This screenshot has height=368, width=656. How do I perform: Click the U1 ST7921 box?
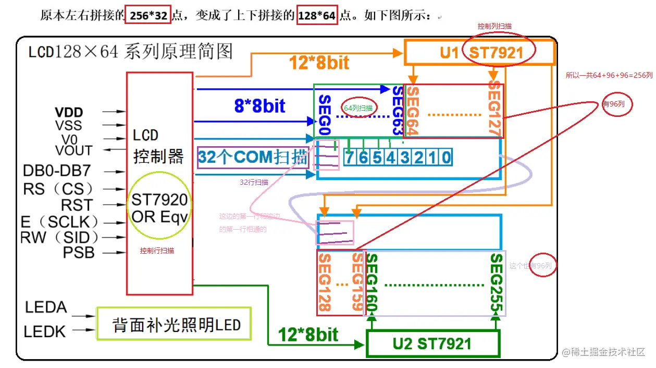pos(479,53)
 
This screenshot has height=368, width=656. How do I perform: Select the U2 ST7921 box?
pos(432,343)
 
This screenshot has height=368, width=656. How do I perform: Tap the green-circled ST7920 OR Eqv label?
pos(159,208)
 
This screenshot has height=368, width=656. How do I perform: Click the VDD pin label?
pos(69,112)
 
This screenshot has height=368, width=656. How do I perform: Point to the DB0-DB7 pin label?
pos(58,171)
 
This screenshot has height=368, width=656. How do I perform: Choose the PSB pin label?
pos(79,253)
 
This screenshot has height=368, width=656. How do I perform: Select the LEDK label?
pos(46,331)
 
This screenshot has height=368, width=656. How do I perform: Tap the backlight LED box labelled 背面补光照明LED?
pos(176,326)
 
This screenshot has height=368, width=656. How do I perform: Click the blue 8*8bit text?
pos(259,106)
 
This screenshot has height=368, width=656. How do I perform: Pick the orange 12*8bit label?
pos(319,63)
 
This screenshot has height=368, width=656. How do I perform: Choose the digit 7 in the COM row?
pos(349,158)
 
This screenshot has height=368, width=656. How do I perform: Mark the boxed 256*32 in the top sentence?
pos(148,16)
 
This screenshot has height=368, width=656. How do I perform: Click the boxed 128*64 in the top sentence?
pos(316,16)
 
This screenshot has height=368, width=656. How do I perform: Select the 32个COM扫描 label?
pos(253,157)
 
